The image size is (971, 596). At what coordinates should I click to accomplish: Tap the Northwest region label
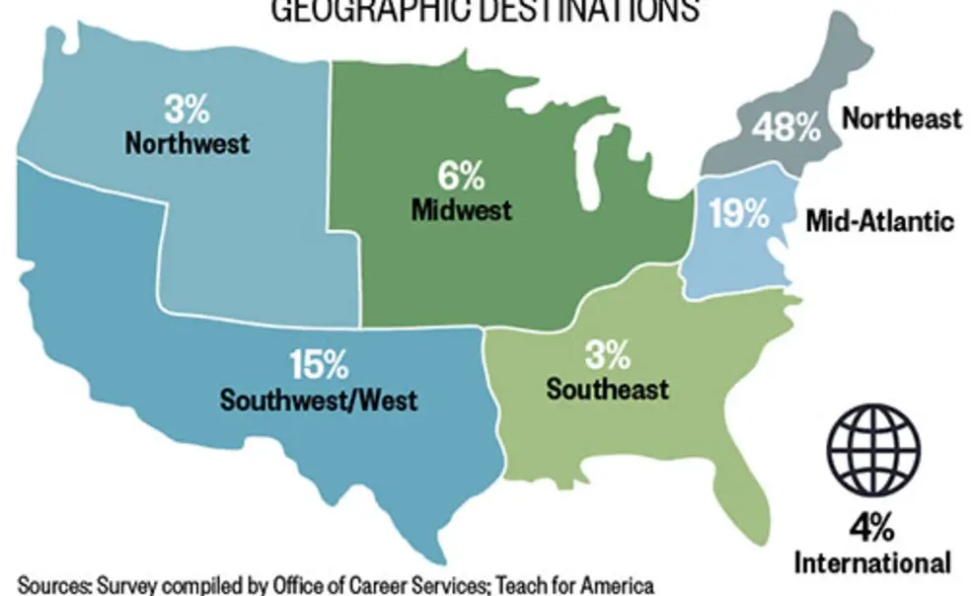[187, 142]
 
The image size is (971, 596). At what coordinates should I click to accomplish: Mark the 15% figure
[319, 366]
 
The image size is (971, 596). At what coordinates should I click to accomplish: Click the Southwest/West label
[319, 401]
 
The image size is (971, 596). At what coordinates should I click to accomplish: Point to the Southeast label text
[607, 388]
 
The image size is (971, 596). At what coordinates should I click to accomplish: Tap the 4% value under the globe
[873, 528]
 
